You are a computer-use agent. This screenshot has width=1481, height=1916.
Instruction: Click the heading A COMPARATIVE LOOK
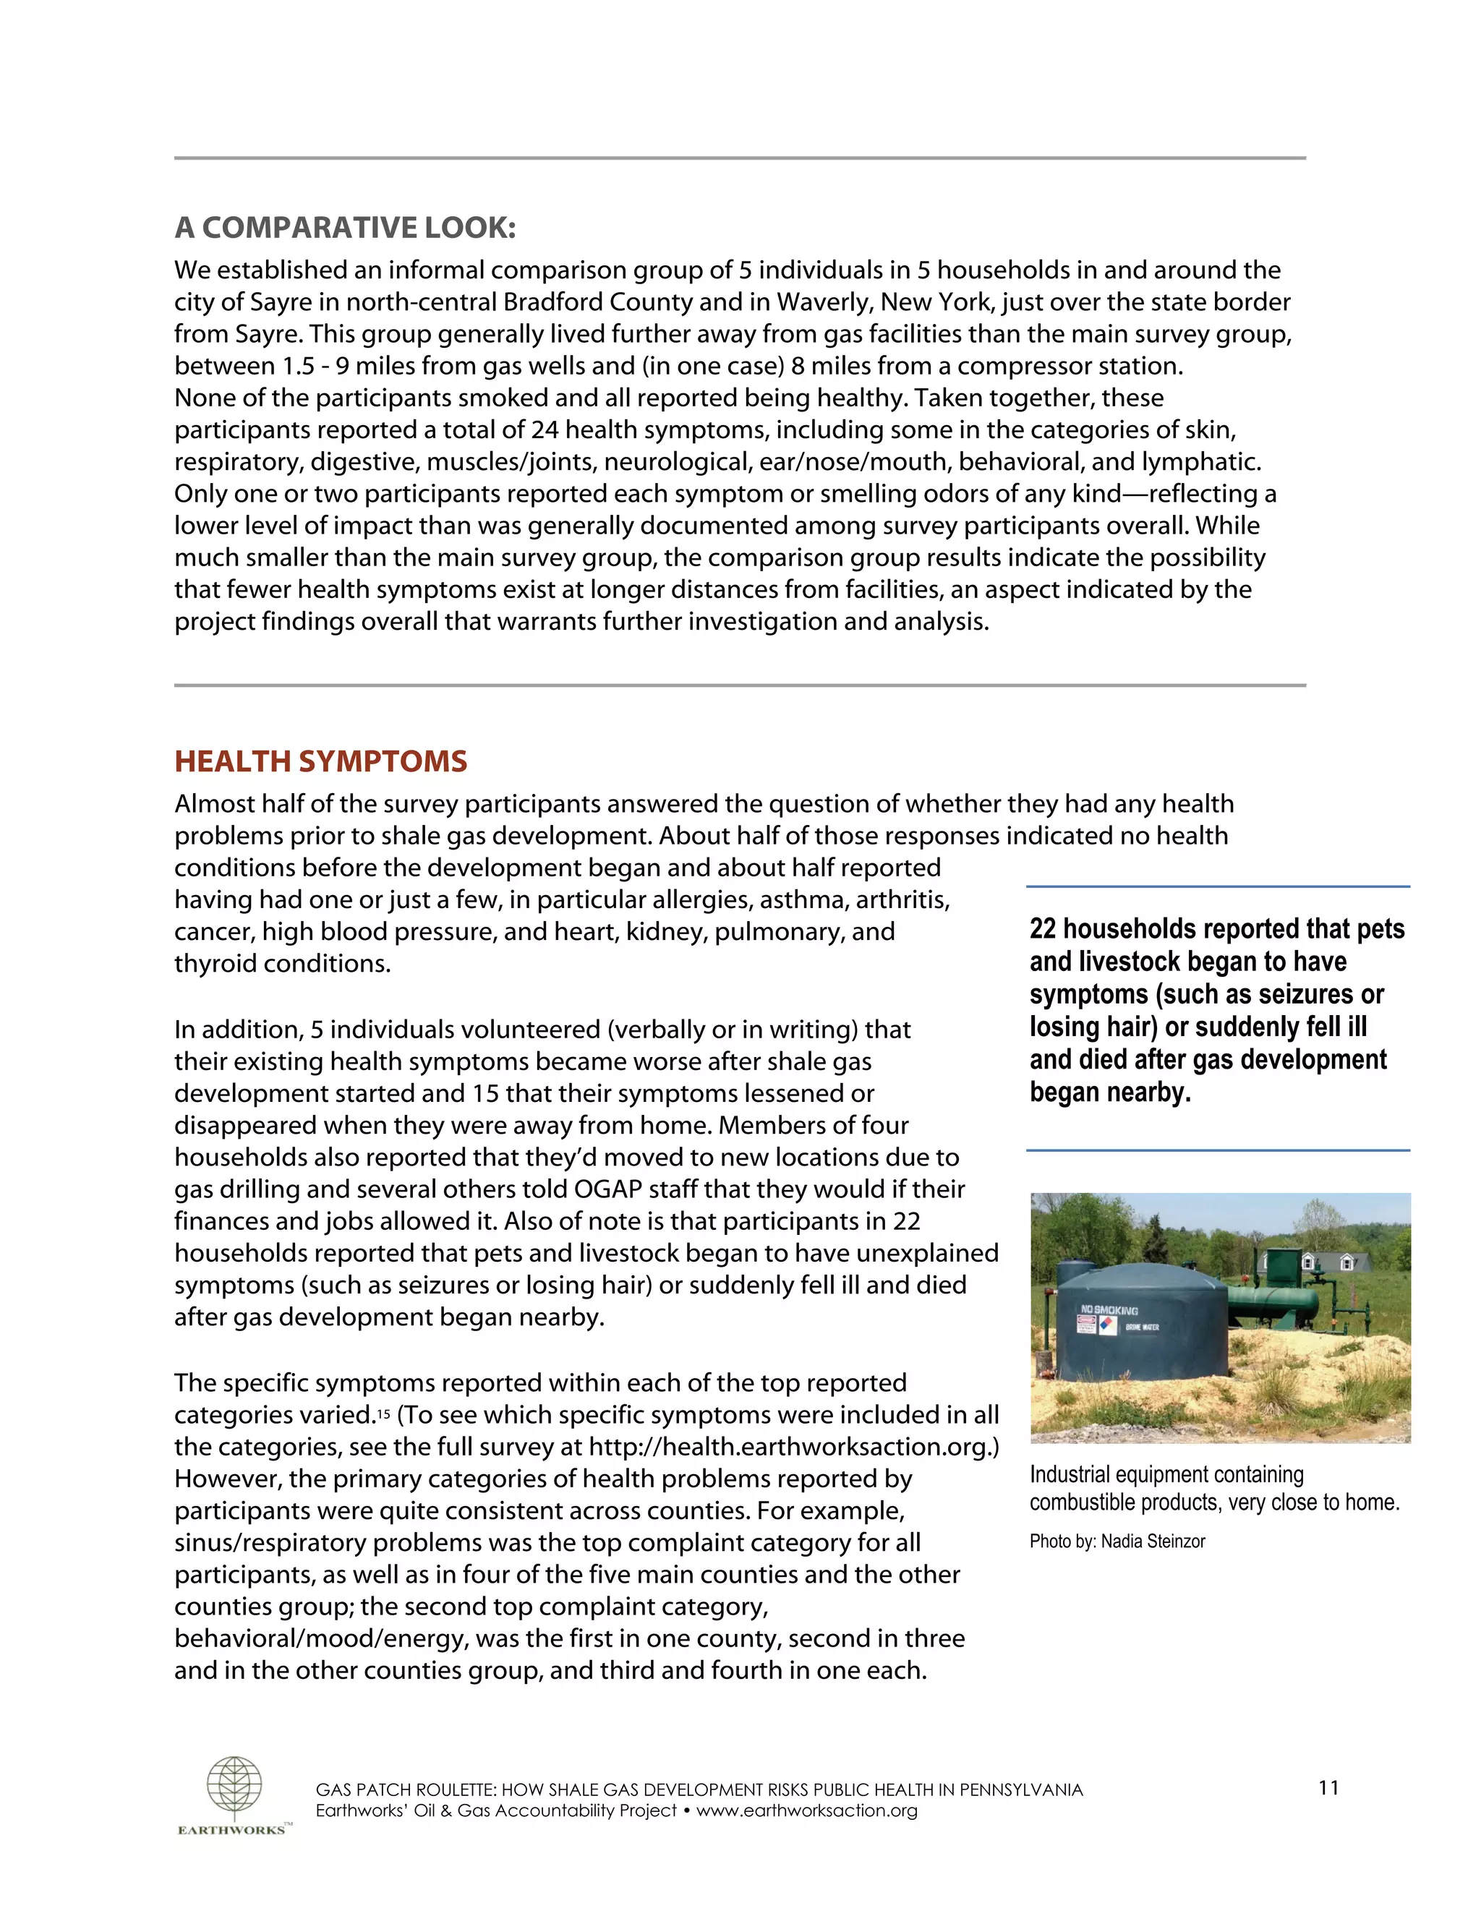(x=345, y=227)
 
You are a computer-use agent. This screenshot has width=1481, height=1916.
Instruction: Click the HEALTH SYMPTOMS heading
(x=320, y=761)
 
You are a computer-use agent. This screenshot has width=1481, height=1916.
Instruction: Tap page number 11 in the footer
(x=1328, y=1787)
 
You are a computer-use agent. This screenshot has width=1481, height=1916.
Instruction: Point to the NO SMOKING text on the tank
(x=1109, y=1310)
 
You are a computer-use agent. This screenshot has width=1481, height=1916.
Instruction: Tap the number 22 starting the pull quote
(x=1042, y=929)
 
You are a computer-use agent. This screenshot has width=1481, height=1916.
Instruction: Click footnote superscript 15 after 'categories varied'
(x=383, y=1415)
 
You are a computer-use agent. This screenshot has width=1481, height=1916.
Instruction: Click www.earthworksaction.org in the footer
(x=806, y=1810)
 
